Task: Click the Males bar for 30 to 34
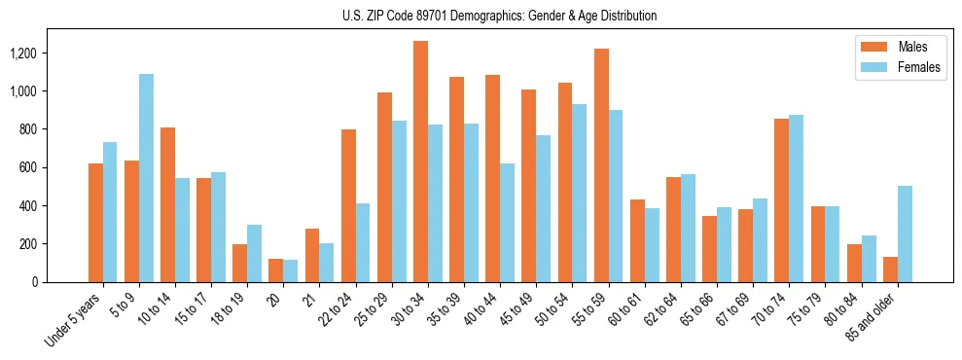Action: [420, 162]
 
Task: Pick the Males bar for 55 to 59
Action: [601, 165]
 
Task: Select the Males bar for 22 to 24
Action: [348, 205]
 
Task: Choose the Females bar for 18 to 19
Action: [254, 253]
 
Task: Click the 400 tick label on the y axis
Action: [54, 206]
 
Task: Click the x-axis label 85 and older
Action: [875, 316]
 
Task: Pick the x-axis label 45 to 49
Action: [516, 307]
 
